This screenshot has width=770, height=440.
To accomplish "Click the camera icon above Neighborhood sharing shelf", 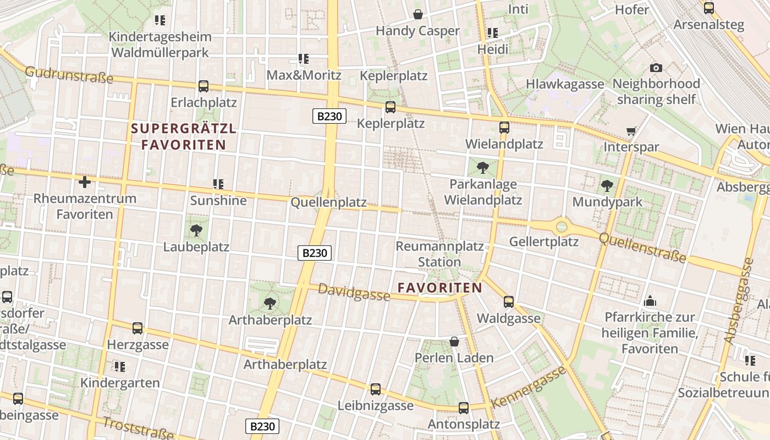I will pyautogui.click(x=656, y=68).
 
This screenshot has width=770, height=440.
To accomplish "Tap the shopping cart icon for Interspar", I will pyautogui.click(x=631, y=131).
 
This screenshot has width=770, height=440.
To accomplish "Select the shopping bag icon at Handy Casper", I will pyautogui.click(x=418, y=14).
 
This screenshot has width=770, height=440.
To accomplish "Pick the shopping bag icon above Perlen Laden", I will pyautogui.click(x=454, y=342).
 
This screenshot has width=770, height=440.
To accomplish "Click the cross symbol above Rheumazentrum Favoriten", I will pyautogui.click(x=85, y=182).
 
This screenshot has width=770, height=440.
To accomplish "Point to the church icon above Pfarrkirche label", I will pyautogui.click(x=650, y=301).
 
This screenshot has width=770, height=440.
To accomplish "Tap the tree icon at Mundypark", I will pyautogui.click(x=607, y=185).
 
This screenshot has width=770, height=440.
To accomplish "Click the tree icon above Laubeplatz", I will pyautogui.click(x=196, y=230).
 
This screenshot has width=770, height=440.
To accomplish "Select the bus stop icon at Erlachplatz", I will pyautogui.click(x=204, y=86).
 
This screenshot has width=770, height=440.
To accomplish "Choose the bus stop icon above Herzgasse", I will pyautogui.click(x=137, y=328).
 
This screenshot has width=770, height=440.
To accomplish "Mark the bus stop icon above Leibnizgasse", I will pyautogui.click(x=376, y=389).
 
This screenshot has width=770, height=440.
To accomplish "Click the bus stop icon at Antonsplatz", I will pyautogui.click(x=464, y=408).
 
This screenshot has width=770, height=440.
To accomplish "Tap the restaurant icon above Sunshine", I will pyautogui.click(x=218, y=184).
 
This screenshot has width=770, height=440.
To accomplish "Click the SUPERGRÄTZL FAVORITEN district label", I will pyautogui.click(x=184, y=137).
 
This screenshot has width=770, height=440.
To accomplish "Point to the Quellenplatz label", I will pyautogui.click(x=328, y=202).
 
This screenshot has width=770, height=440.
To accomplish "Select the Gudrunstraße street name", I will pyautogui.click(x=69, y=75).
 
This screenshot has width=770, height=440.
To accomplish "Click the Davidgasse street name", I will pyautogui.click(x=354, y=293).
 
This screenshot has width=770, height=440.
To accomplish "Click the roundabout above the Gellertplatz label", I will pyautogui.click(x=562, y=226).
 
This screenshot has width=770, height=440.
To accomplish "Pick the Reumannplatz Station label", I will pyautogui.click(x=439, y=254).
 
